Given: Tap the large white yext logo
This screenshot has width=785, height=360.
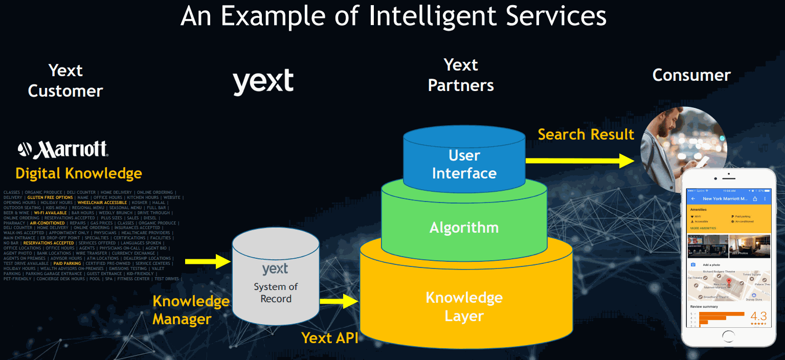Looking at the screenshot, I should pos(263,82).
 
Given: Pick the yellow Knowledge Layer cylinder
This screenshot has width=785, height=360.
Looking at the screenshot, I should pos(464,307).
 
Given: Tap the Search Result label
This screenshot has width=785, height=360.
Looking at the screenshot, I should pos(586,134).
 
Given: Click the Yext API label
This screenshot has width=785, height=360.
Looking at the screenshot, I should pos(329,337).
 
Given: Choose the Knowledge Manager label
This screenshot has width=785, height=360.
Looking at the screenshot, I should pos(190,310).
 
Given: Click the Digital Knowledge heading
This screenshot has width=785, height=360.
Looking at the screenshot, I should pos(78,173).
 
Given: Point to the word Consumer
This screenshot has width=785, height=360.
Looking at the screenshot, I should pos(691,75).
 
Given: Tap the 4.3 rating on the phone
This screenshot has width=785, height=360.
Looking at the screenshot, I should pos(758,315).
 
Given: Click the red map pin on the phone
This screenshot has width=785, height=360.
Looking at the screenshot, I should pos(729,282).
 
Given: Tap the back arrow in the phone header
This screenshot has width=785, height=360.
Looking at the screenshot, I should pos(693,198).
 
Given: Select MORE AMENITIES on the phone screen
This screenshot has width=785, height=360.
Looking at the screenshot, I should pos(703,228).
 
